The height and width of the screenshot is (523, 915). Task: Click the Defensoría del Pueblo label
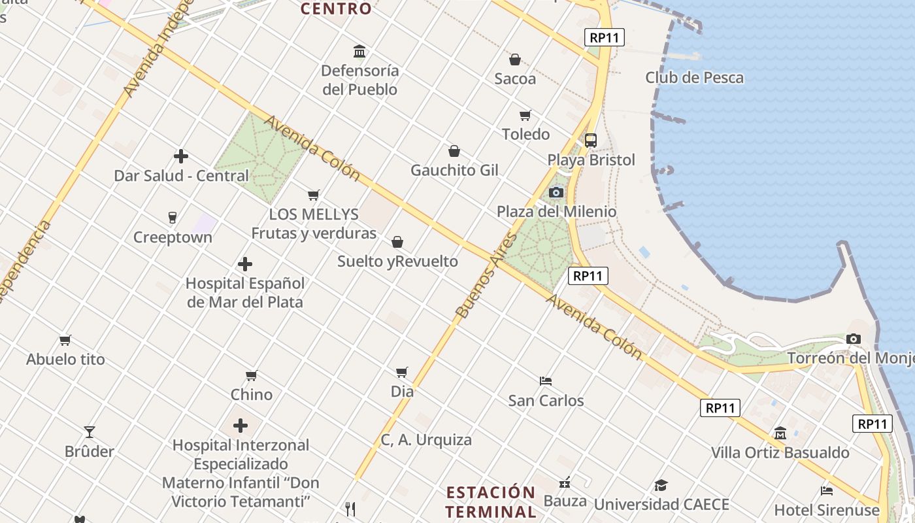click(359, 80)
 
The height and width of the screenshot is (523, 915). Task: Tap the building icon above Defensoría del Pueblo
click(359, 51)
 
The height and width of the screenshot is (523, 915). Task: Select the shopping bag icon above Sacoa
click(515, 59)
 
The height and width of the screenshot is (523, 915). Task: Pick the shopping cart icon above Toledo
click(525, 116)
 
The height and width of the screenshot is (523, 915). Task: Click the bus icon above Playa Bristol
click(591, 140)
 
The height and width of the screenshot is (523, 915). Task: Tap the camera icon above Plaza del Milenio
click(556, 192)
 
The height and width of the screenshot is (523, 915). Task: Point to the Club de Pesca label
click(694, 78)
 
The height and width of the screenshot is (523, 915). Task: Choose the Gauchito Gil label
click(454, 171)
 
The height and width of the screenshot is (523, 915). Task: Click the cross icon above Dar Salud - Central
click(181, 156)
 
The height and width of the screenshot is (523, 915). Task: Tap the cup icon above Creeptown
click(173, 218)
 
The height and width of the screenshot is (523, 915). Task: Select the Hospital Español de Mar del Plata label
click(245, 293)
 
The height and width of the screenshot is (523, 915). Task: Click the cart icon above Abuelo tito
click(65, 340)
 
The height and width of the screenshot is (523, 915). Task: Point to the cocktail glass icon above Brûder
click(90, 432)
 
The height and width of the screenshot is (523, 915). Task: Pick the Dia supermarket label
click(402, 392)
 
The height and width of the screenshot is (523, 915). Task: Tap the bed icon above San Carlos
click(546, 380)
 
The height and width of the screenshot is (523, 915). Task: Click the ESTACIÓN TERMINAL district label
click(491, 501)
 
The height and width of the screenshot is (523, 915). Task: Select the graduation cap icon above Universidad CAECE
click(661, 485)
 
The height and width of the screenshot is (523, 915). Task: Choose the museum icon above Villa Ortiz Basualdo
click(780, 433)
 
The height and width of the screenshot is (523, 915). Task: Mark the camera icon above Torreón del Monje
click(853, 339)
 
